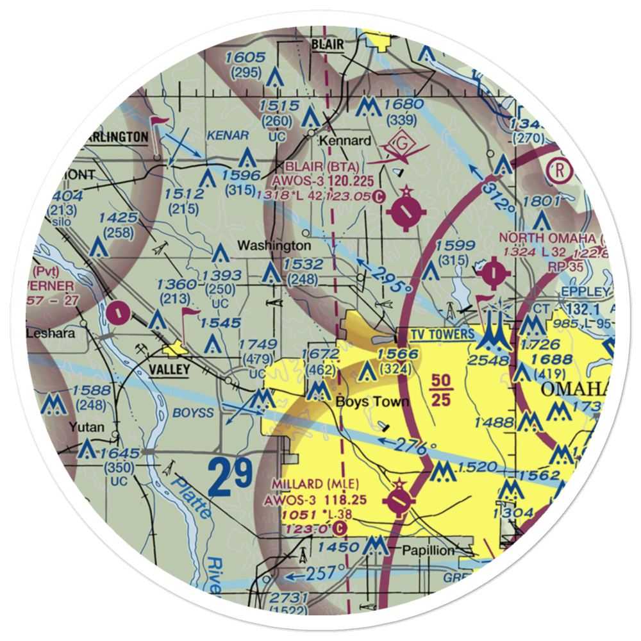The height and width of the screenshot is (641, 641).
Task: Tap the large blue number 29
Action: [231, 477]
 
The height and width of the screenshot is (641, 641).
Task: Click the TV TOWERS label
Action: [436, 334]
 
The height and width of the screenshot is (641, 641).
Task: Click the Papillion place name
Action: [428, 551]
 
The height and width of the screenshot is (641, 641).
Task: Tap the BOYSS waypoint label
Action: [193, 413]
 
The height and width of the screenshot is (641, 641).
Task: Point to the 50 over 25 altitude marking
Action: [441, 390]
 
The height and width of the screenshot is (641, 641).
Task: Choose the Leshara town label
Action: [50, 333]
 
